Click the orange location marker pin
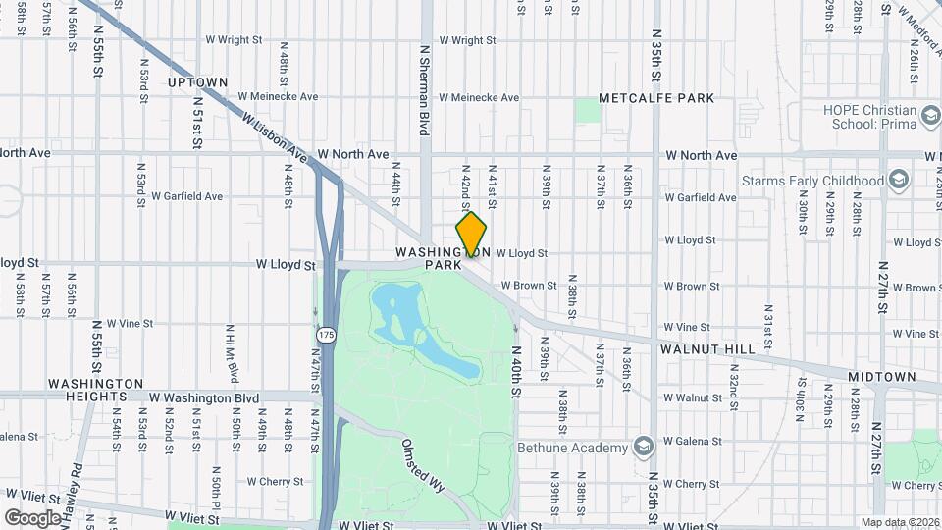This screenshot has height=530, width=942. coord(472,235)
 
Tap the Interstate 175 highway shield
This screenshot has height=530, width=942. coord(327,336)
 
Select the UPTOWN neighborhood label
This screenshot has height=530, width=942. coord(197,82)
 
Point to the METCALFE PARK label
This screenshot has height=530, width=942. coord(657,99)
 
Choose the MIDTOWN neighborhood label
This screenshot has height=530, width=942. coord(881,377)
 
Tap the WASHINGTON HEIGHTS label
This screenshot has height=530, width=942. coord(95,390)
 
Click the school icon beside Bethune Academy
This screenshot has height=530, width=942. coord(644,448)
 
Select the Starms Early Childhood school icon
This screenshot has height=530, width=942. coord(898,181)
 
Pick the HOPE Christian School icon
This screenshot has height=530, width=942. coord(927,117)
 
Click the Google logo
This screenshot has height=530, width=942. coord(32,517)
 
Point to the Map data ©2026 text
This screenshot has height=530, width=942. coord(899,522)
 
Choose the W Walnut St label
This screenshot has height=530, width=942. coord(693,398)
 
